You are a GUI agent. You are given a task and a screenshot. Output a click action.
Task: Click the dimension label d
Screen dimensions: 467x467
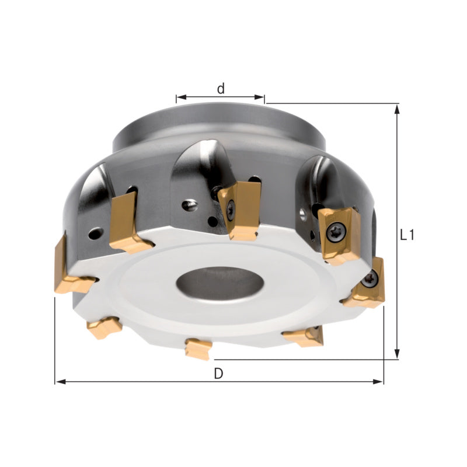coord(221,89)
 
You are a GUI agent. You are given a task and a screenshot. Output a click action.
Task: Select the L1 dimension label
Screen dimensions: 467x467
coord(407,235)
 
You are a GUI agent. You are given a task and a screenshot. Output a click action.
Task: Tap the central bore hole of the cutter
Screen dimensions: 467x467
coord(220,283)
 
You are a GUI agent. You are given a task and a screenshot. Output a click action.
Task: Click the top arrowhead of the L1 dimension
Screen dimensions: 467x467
coord(397,109)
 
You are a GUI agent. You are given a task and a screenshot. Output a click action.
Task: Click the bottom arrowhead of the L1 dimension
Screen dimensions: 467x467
coord(397,354)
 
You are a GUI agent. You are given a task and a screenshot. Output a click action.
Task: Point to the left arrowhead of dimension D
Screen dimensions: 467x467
coord(61,382)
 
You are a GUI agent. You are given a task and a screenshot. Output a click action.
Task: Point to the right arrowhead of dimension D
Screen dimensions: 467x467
coord(378,382)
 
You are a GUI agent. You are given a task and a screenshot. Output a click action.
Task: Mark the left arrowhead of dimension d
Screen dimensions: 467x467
coord(182,97)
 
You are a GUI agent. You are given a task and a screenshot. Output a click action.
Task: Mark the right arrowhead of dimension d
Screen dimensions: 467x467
coord(259,97)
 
